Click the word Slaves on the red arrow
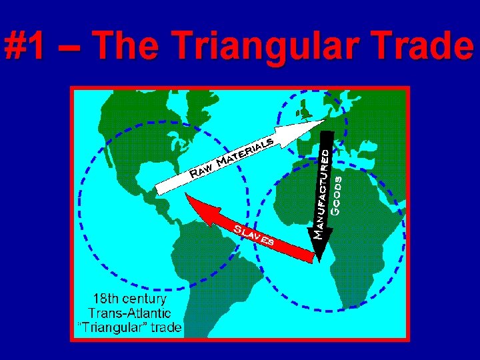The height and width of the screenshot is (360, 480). (253, 235)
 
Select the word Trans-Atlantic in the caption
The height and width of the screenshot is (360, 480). (130, 313)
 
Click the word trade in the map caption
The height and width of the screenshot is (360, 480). (166, 328)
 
